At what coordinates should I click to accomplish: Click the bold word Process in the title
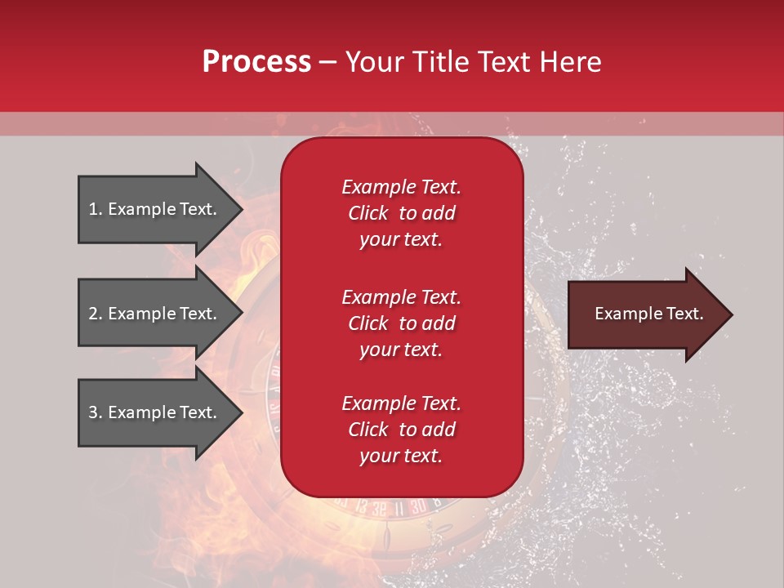pyautogui.click(x=256, y=62)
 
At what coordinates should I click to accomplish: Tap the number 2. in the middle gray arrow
pyautogui.click(x=96, y=314)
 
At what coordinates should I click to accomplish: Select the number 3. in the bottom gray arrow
pyautogui.click(x=96, y=412)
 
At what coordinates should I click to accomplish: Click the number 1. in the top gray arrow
pyautogui.click(x=96, y=209)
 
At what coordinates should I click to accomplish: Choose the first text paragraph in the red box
pyautogui.click(x=401, y=213)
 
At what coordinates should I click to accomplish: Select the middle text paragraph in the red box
pyautogui.click(x=401, y=323)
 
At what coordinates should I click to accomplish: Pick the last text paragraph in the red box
pyautogui.click(x=401, y=430)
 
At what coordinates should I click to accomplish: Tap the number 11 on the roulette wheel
pyautogui.click(x=399, y=506)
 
